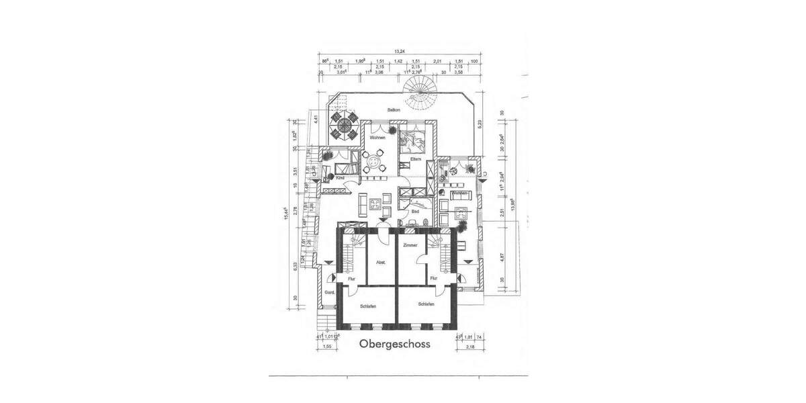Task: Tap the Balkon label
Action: pos(394,109)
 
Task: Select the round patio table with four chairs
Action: pos(345,125)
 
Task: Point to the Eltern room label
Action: pos(416,159)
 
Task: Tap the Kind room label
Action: pos(330,178)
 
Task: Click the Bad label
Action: pos(416,210)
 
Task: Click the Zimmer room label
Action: pos(410,245)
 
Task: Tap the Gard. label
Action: pos(329,294)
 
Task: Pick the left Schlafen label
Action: pos(367,306)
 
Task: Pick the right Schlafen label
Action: pos(426,304)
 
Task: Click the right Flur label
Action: pos(434,277)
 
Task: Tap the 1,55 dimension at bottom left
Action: pos(326,347)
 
